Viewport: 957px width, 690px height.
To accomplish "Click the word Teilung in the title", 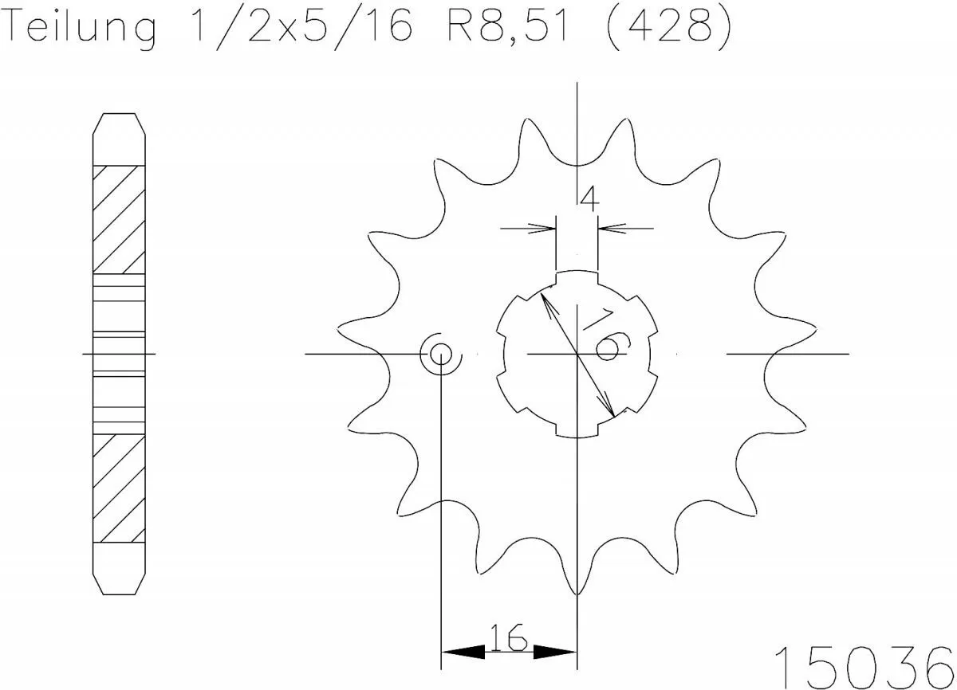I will [80, 29].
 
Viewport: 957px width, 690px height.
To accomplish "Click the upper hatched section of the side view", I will [120, 218].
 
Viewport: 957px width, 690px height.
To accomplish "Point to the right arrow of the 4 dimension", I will [609, 229].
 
